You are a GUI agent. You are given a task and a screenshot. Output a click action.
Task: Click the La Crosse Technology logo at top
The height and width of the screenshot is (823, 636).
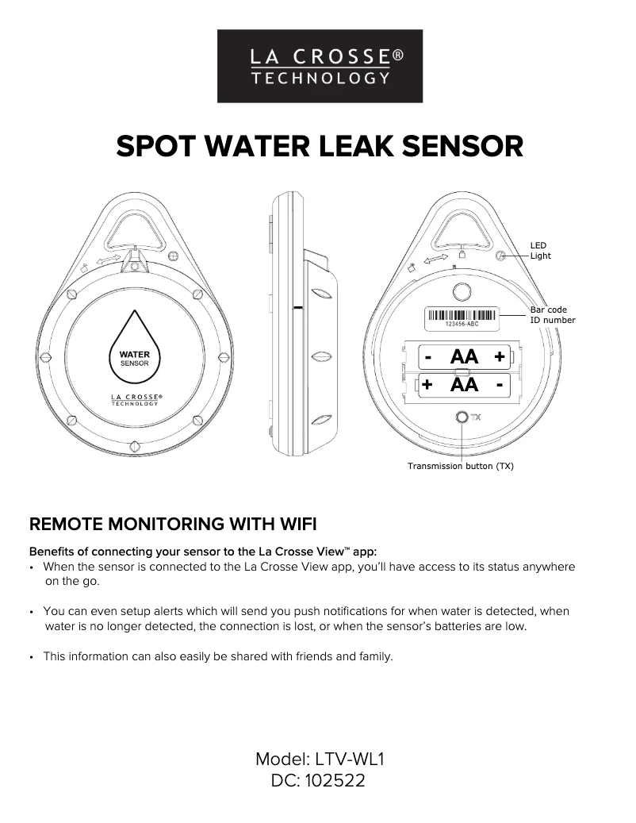pyautogui.click(x=320, y=66)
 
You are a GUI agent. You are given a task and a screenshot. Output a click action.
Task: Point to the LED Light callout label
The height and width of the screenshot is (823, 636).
pyautogui.click(x=540, y=251)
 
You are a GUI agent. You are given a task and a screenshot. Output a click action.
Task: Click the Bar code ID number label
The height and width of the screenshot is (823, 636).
pyautogui.click(x=552, y=315)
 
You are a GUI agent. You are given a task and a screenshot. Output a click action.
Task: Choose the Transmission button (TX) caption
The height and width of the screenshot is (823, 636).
pyautogui.click(x=460, y=466)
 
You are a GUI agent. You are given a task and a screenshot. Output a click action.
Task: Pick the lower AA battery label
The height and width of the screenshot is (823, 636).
pyautogui.click(x=464, y=386)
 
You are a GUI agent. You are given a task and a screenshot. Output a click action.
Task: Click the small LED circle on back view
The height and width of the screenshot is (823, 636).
pyautogui.click(x=500, y=256)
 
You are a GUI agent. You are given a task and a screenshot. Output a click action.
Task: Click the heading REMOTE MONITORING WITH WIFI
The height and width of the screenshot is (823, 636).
pyautogui.click(x=172, y=524)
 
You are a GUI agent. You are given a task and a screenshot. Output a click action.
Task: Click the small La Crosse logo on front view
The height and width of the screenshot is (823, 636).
pyautogui.click(x=134, y=399)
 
